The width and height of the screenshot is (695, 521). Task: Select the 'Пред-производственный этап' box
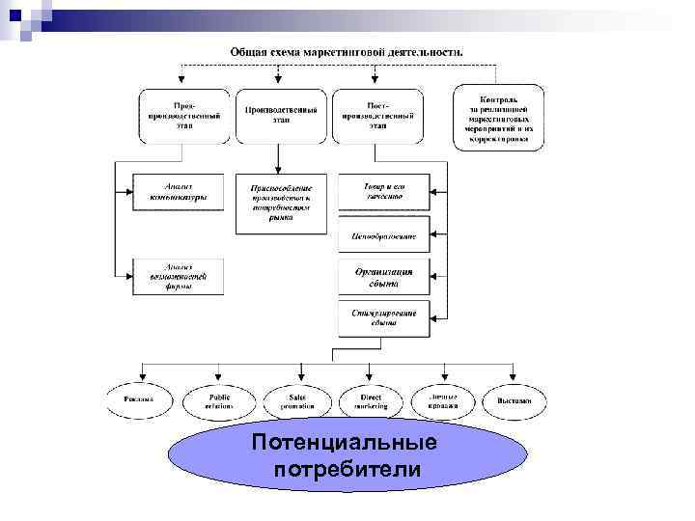point(183,116)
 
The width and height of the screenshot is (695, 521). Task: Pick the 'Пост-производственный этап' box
point(377,116)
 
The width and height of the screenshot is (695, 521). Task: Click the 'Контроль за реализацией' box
point(498,116)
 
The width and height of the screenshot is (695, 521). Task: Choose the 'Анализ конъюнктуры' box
point(179,192)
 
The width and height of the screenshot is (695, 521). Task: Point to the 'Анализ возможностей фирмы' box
point(179,276)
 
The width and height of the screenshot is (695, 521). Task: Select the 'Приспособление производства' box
point(281,204)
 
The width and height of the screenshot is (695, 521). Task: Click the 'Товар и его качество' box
point(383,192)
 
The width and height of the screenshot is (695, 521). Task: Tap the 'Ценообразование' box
point(383,234)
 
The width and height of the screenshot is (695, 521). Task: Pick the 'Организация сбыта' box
point(383,277)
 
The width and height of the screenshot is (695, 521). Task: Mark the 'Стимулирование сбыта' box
point(383,318)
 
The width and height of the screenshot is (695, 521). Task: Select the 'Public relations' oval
point(219,400)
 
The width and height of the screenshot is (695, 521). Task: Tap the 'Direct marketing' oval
point(371,400)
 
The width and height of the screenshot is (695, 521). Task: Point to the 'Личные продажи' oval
point(443,398)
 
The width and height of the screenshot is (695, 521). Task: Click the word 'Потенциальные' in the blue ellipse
point(344,445)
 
